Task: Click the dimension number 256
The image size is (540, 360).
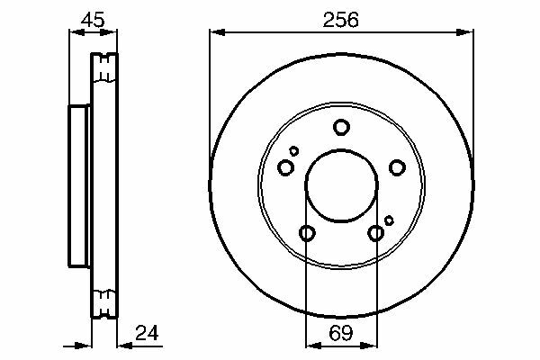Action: click(x=340, y=20)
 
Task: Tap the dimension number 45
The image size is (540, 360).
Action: click(x=93, y=20)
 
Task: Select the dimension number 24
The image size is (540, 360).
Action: click(x=147, y=333)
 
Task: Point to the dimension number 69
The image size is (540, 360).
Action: click(x=341, y=333)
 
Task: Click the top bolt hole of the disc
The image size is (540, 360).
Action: click(x=341, y=127)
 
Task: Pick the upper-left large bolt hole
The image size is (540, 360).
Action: click(x=285, y=167)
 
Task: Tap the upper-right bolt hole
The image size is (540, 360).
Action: click(x=397, y=167)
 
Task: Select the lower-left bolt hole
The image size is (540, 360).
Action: click(x=307, y=233)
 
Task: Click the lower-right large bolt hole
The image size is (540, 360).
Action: click(x=375, y=233)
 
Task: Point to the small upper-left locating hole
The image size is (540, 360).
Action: click(x=293, y=151)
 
